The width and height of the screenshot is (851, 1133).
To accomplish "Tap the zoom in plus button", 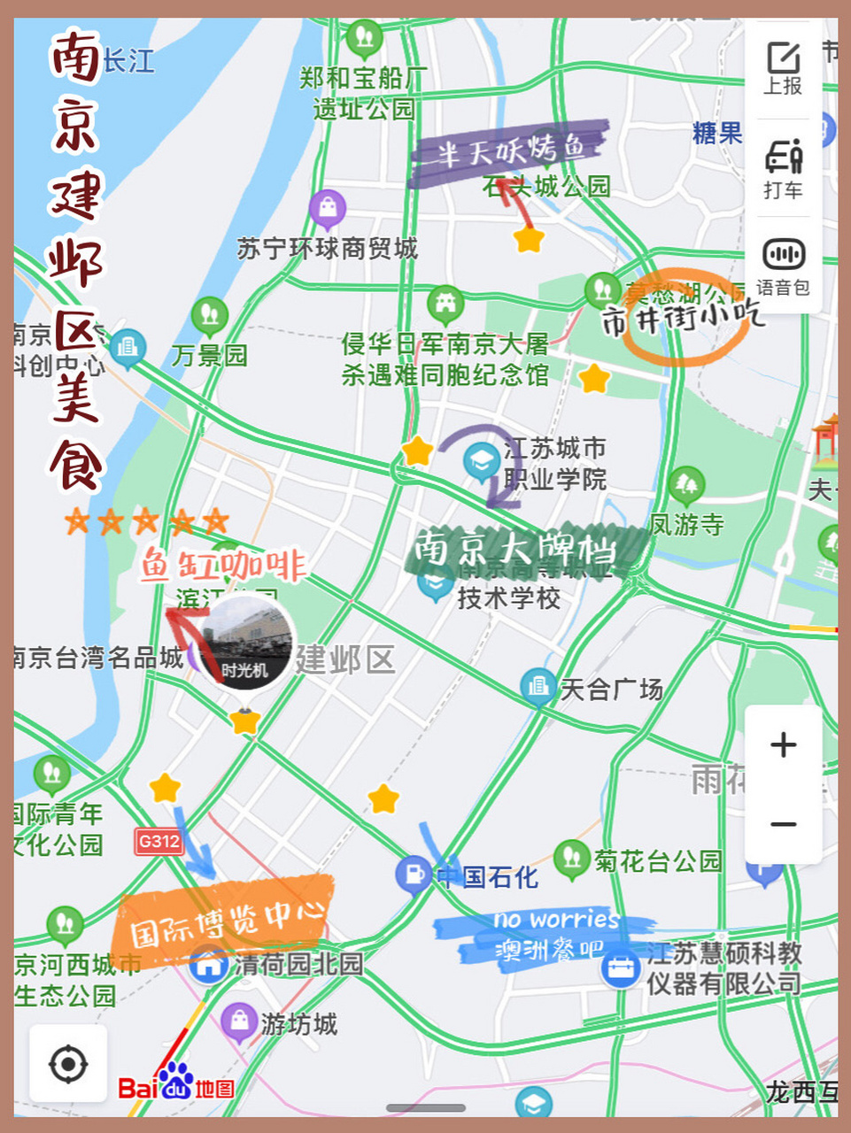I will [x=784, y=744].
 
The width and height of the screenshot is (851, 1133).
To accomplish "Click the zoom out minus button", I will [x=784, y=825].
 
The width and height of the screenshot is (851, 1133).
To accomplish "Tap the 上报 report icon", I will [x=784, y=68].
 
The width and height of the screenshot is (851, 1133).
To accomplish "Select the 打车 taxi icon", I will [x=784, y=168].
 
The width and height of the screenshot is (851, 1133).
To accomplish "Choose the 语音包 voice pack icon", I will [x=784, y=266].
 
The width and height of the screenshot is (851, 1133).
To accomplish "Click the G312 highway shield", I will [x=159, y=841].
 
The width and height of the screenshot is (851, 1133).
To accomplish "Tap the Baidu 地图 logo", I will [x=176, y=1085].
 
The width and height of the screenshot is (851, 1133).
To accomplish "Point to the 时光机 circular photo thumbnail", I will [x=245, y=642].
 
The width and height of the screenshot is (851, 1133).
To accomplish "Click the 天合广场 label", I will [x=611, y=689].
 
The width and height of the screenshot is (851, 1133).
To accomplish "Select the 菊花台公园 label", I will [x=658, y=860].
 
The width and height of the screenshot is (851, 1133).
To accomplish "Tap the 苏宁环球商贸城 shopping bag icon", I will [x=328, y=209].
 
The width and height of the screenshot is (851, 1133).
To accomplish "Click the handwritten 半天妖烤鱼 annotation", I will [x=509, y=150].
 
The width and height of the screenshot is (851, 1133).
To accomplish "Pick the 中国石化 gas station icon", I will [x=413, y=875].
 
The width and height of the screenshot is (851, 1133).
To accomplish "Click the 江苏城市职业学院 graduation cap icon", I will [x=481, y=460].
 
